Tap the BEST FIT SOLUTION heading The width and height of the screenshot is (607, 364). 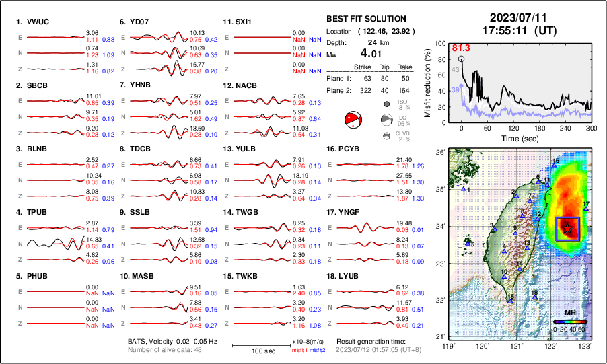[366, 19]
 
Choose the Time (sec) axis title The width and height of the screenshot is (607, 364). [513, 137]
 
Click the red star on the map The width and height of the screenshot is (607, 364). [569, 229]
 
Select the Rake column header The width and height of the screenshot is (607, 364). [405, 67]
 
